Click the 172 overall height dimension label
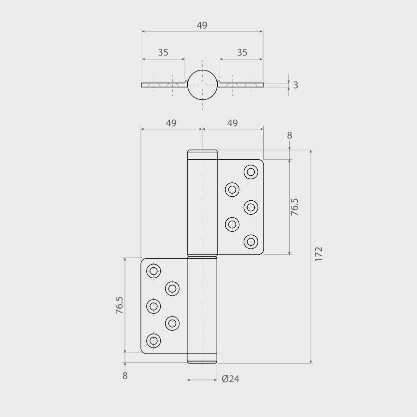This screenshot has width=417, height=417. point(319,254)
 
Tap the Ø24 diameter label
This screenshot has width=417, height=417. point(231,379)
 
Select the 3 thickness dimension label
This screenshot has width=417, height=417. point(296,85)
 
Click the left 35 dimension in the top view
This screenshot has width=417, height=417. point(163,52)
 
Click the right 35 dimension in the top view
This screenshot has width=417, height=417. point(242,52)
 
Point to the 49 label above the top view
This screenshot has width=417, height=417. point(202,25)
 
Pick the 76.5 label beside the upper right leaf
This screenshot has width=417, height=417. point(295,207)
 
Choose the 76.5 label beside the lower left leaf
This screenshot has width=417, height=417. point(119,305)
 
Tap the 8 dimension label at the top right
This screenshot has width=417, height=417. point(289,135)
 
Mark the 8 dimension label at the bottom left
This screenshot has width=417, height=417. point(125,376)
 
